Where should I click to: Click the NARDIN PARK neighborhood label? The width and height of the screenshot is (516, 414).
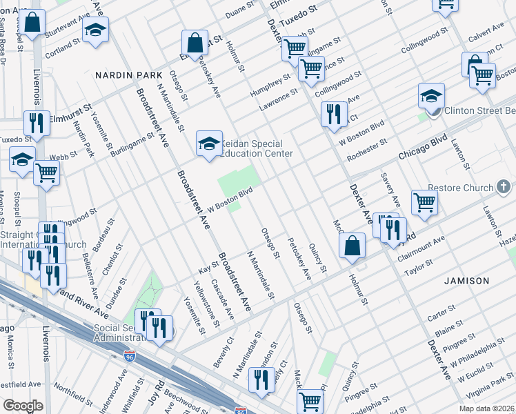pos(128,75)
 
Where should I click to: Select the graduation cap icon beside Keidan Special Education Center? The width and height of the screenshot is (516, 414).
pos(209,144)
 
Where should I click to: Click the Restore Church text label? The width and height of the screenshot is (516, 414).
pos(460,188)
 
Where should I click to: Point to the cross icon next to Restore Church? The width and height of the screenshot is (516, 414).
pos(504,187)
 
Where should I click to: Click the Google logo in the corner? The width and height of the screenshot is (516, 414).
pos(23,405)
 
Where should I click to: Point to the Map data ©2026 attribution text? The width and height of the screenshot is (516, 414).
pos(487,408)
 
